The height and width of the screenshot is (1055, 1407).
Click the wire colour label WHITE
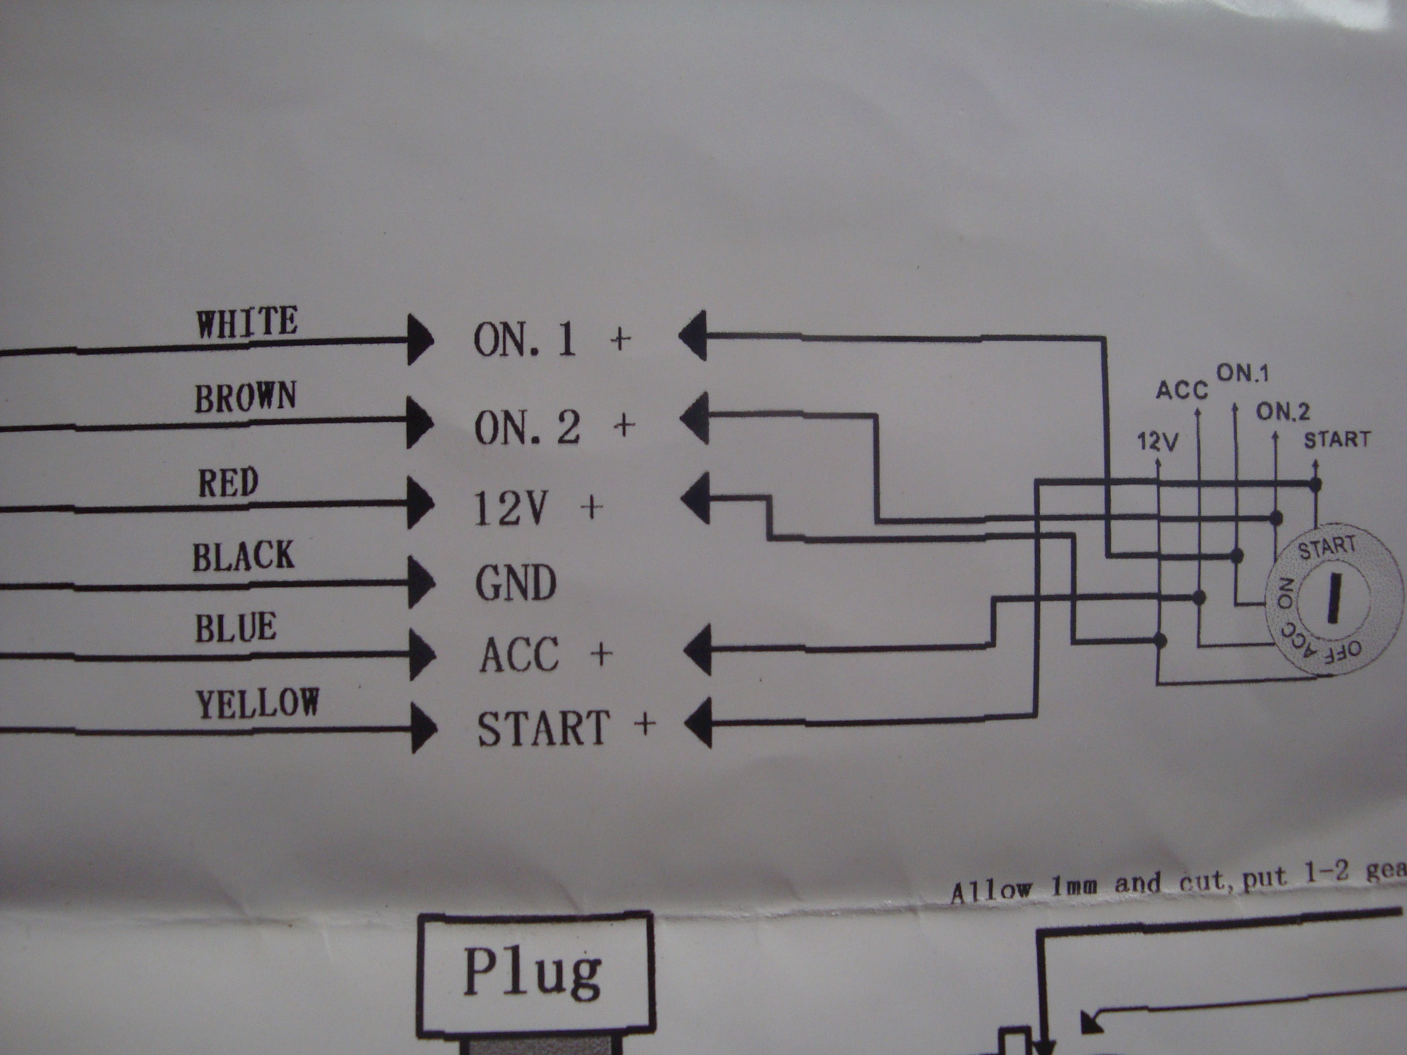pyautogui.click(x=247, y=323)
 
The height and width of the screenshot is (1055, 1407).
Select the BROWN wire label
pyautogui.click(x=245, y=397)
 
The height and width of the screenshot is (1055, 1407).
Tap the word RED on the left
pyautogui.click(x=228, y=483)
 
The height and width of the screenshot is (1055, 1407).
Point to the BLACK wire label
pyautogui.click(x=243, y=556)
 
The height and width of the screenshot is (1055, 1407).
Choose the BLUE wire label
pyautogui.click(x=236, y=628)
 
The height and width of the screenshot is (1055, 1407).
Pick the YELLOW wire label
pyautogui.click(x=257, y=703)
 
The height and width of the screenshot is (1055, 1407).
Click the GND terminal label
pyautogui.click(x=517, y=583)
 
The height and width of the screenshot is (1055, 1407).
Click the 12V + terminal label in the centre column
pyautogui.click(x=539, y=508)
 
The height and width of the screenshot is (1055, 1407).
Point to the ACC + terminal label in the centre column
pyautogui.click(x=546, y=654)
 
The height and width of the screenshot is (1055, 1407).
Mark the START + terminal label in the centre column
pyautogui.click(x=566, y=728)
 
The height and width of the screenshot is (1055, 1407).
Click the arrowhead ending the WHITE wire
pyautogui.click(x=420, y=340)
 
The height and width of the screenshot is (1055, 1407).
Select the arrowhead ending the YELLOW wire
pyautogui.click(x=424, y=728)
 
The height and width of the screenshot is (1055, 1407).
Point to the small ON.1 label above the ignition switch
pyautogui.click(x=1242, y=373)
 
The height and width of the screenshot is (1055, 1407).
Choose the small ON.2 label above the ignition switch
pyautogui.click(x=1283, y=412)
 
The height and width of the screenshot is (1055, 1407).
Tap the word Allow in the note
pyautogui.click(x=991, y=890)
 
